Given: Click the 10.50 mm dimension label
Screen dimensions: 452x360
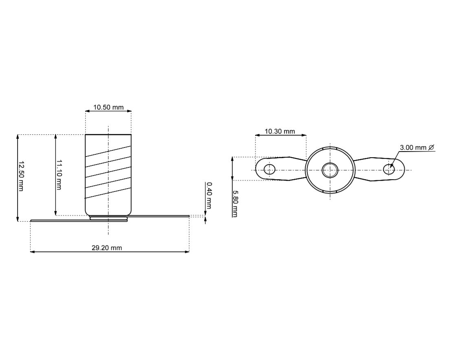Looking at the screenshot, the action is pyautogui.click(x=108, y=108).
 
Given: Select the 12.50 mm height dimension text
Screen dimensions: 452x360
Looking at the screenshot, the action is pyautogui.click(x=21, y=176).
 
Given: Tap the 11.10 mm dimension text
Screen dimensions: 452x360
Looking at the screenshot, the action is pyautogui.click(x=59, y=175).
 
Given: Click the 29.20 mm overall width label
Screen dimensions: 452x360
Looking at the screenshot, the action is pyautogui.click(x=107, y=248).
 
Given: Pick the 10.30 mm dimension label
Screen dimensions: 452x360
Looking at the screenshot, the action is pyautogui.click(x=280, y=131).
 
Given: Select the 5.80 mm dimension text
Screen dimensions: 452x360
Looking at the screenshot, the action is pyautogui.click(x=235, y=204).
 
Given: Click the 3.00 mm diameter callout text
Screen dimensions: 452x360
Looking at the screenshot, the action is pyautogui.click(x=413, y=147).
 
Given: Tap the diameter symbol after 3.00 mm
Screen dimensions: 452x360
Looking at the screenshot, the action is pyautogui.click(x=431, y=147).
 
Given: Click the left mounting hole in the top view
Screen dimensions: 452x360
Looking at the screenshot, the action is pyautogui.click(x=269, y=169).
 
